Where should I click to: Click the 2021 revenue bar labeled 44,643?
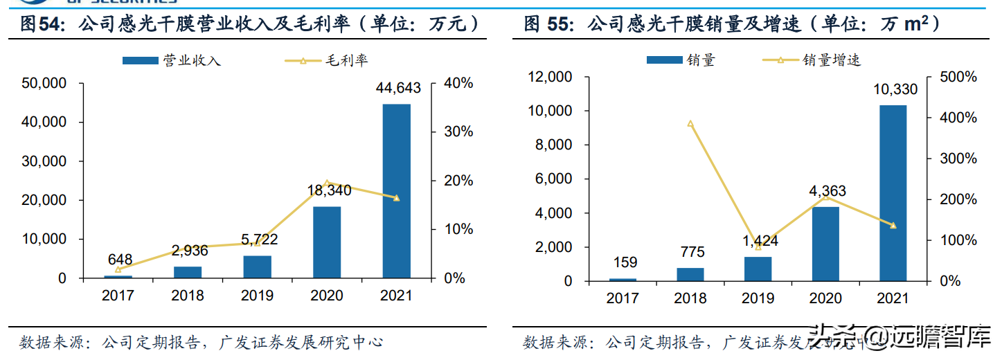[x=396, y=191]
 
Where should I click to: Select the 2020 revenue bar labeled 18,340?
[x=327, y=242]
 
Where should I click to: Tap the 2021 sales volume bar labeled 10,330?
[x=893, y=193]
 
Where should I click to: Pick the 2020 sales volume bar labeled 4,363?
[x=825, y=244]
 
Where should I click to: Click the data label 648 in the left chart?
[x=119, y=260]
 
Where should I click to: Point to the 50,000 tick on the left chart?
[x=44, y=83]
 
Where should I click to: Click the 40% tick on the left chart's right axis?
[x=458, y=83]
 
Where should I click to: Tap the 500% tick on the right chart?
[x=958, y=77]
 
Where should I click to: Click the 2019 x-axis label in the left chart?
[x=257, y=296]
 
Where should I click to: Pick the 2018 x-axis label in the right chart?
[x=690, y=298]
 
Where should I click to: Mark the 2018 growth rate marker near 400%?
[x=690, y=124]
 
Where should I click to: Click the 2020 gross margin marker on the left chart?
[x=327, y=183]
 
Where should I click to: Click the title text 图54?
[x=40, y=26]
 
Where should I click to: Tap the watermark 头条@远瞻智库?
[x=904, y=339]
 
